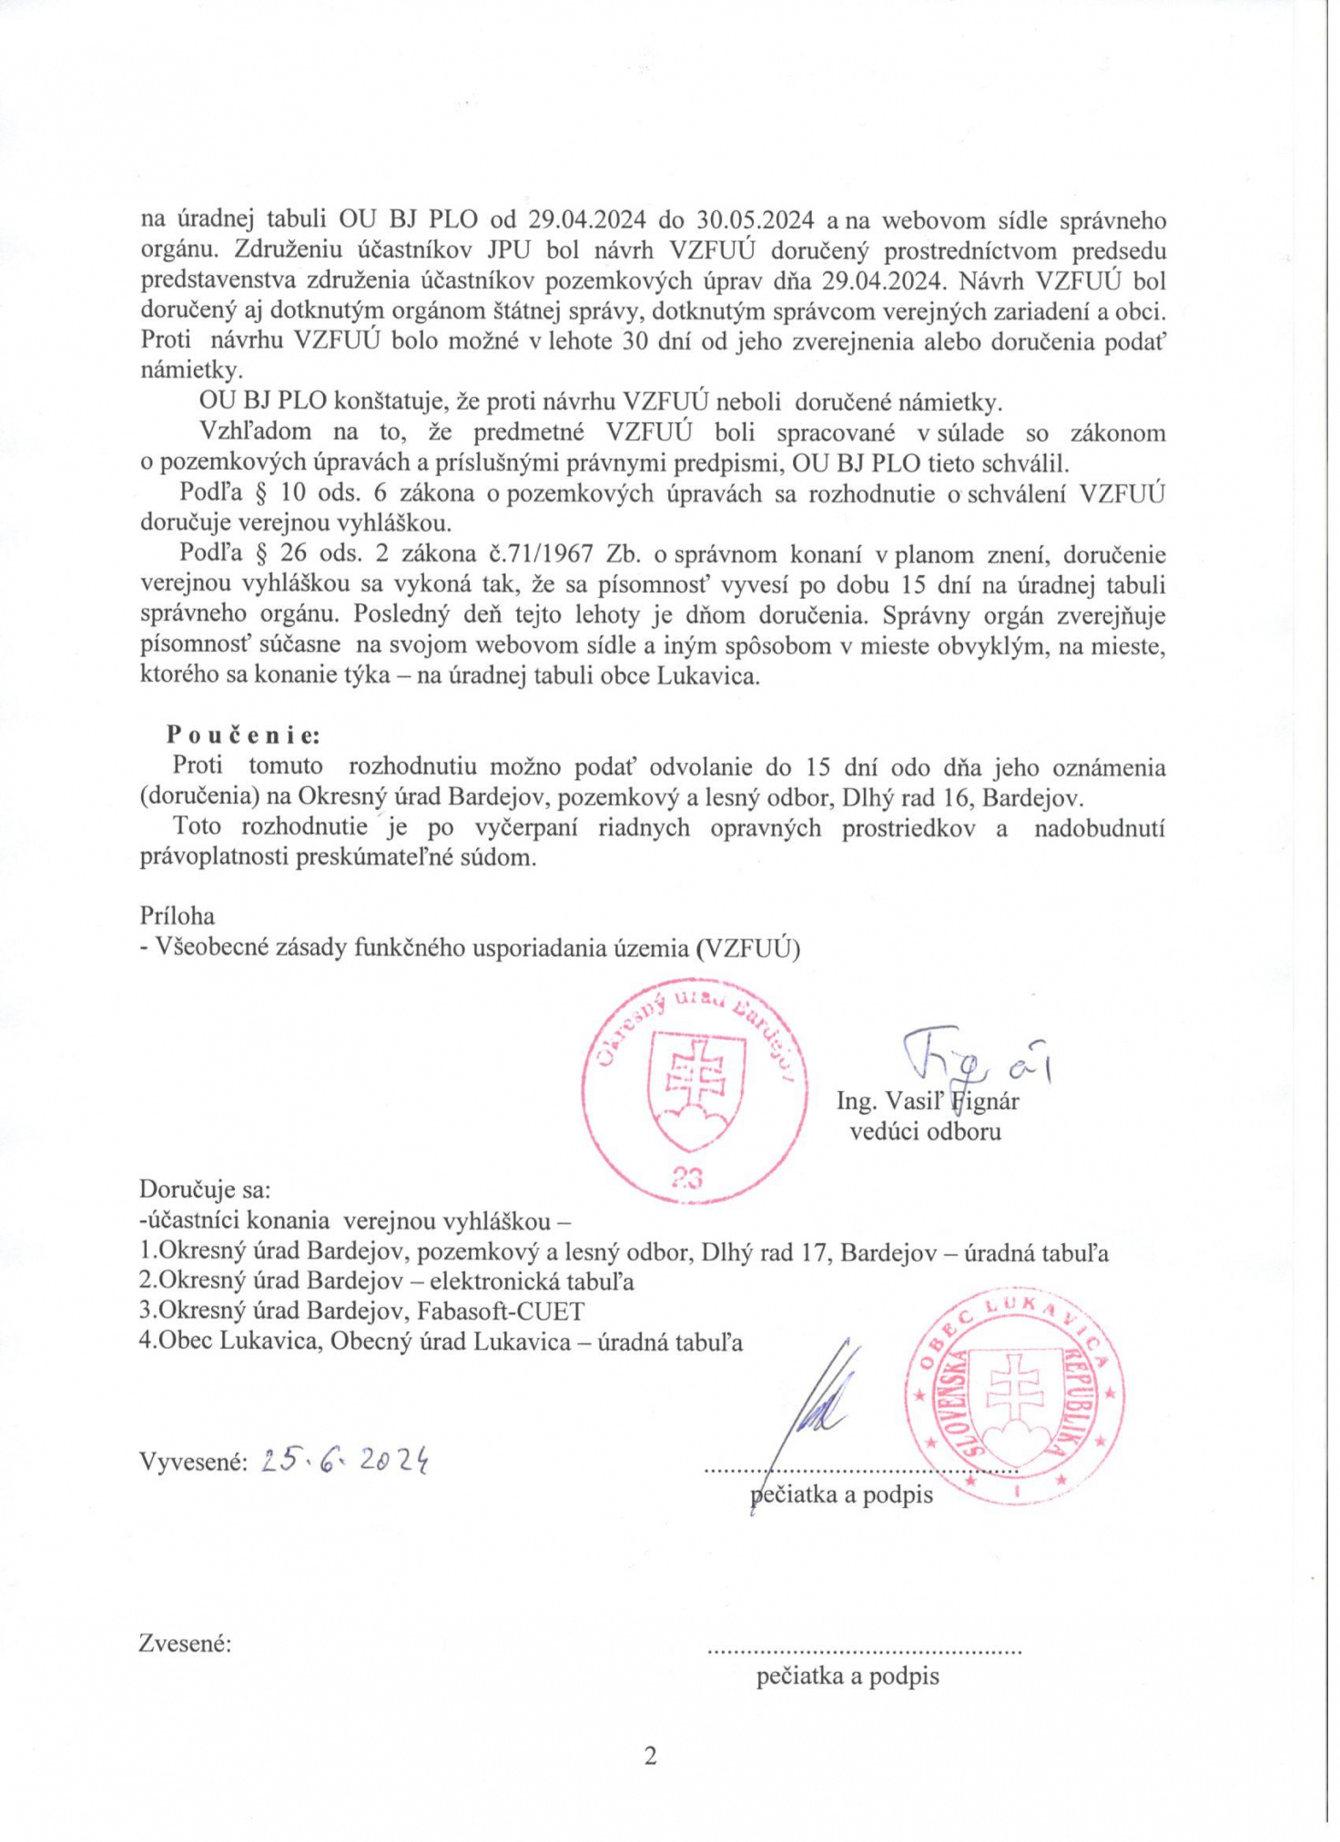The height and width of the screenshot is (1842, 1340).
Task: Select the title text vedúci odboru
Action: pyautogui.click(x=925, y=1132)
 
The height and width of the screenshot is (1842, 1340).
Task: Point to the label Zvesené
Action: pyautogui.click(x=185, y=1645)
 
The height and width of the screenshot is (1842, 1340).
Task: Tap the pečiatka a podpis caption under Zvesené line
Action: pyautogui.click(x=848, y=1676)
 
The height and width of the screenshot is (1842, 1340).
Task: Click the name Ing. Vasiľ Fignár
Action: pyautogui.click(x=928, y=1101)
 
